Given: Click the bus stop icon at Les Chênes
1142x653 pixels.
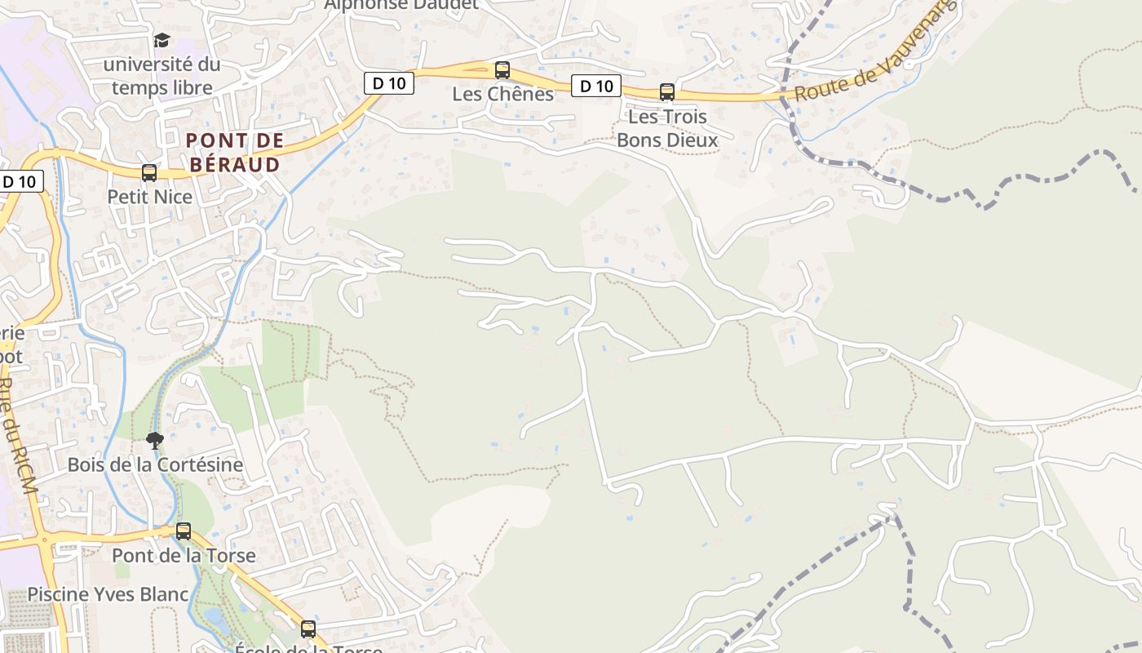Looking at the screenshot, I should pyautogui.click(x=502, y=70).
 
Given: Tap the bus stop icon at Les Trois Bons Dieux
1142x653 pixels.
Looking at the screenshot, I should pyautogui.click(x=667, y=92).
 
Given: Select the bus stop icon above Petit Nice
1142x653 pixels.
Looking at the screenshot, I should pyautogui.click(x=149, y=173).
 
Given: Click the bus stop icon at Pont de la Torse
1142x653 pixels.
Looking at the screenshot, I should pyautogui.click(x=184, y=531).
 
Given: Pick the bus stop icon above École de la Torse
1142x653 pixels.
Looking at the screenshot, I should pyautogui.click(x=308, y=629).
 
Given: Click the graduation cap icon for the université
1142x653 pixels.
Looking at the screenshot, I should pyautogui.click(x=162, y=40).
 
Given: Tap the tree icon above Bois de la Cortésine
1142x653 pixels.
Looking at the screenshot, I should pyautogui.click(x=154, y=442).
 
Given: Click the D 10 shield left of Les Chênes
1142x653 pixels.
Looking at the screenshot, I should pyautogui.click(x=389, y=82).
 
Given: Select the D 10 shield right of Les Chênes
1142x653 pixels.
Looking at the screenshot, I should pyautogui.click(x=595, y=86).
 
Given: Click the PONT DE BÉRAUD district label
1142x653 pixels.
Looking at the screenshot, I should pyautogui.click(x=235, y=153).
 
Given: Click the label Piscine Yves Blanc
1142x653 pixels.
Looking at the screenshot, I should pyautogui.click(x=108, y=594).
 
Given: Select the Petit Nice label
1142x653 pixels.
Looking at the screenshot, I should pyautogui.click(x=150, y=197).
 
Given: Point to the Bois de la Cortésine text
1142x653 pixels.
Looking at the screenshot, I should pyautogui.click(x=155, y=465).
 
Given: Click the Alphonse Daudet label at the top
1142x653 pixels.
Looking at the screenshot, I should pyautogui.click(x=401, y=5).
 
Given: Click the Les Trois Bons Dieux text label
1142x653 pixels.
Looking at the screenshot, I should pyautogui.click(x=667, y=128).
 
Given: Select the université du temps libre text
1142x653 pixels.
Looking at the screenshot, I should pyautogui.click(x=162, y=76).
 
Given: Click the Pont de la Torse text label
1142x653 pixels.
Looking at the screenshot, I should pyautogui.click(x=184, y=556).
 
